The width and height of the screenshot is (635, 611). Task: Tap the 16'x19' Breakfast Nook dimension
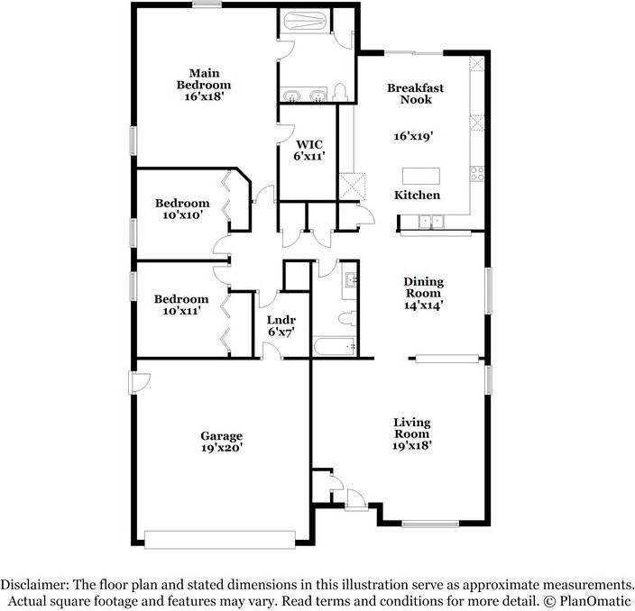[x=414, y=137]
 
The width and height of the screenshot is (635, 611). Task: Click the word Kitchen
[x=418, y=196]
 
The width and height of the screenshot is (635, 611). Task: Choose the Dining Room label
[x=423, y=287]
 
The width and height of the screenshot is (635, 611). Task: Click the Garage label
[x=221, y=436]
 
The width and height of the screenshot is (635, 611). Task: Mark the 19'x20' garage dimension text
[x=221, y=448]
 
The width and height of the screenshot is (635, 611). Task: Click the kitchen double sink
[x=432, y=221]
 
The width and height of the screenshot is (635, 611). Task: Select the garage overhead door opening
[x=220, y=538]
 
